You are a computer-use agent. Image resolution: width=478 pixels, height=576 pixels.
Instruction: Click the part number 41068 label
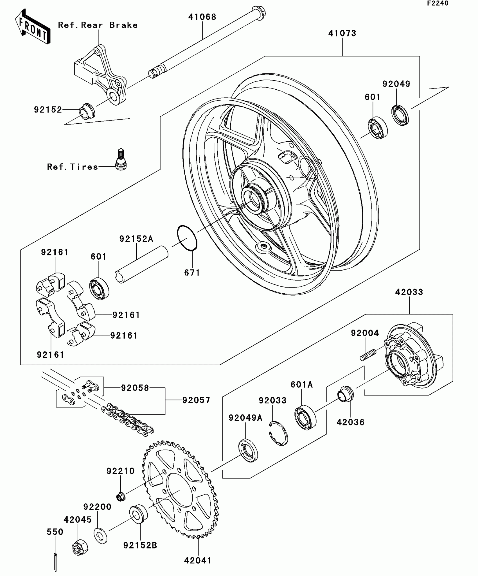pos(202,17)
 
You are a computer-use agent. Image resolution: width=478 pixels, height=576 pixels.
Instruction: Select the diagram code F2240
pos(438,3)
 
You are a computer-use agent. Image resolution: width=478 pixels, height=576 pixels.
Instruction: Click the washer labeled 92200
pos(100,536)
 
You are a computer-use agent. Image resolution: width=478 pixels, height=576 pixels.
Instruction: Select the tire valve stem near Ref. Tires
pos(121,159)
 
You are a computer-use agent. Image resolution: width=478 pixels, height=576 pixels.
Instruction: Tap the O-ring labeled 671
pos(187,238)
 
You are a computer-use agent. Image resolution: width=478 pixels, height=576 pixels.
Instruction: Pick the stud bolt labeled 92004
pos(368,355)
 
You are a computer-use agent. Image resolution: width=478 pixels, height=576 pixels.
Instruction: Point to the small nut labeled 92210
pos(121,496)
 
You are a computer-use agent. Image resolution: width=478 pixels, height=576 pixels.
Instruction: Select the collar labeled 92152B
pos(138,515)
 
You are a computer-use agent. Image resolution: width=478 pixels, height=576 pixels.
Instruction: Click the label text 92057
pos(196,400)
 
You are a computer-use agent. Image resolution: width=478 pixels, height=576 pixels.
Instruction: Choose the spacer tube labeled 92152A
pos(141,264)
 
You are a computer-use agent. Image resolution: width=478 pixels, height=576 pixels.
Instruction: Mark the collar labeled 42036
pos(346,394)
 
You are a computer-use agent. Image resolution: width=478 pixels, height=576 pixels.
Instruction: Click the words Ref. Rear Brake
pos(98,25)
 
